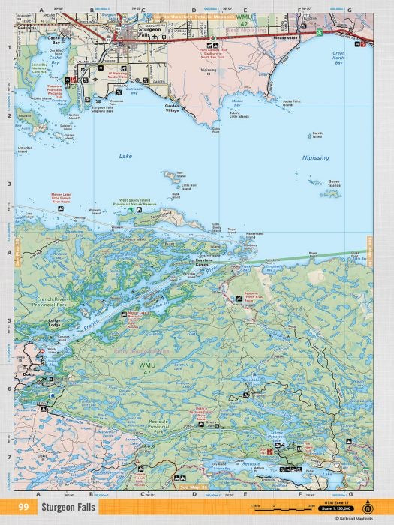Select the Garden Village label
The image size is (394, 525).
[173, 106]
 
